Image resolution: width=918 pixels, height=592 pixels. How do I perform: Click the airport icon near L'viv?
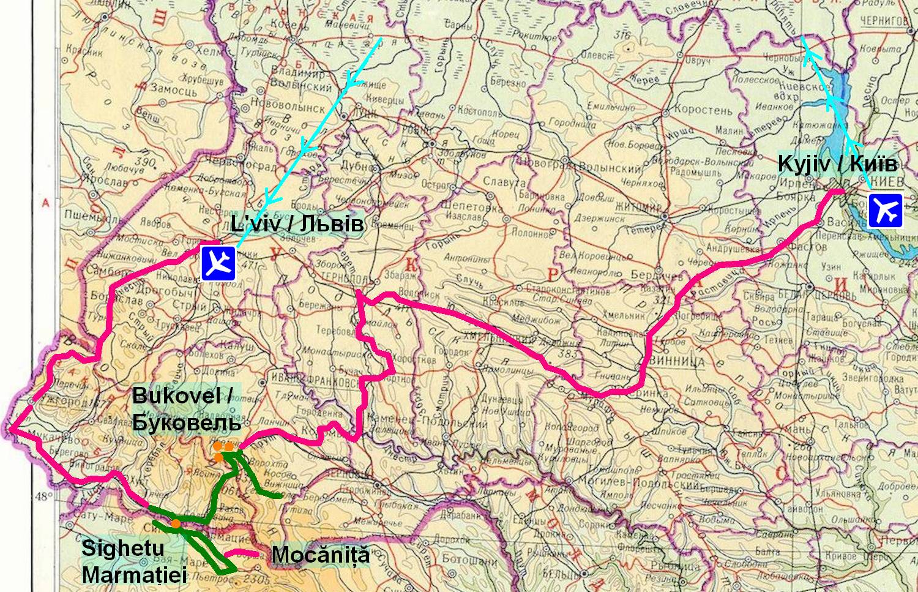coord(218,264)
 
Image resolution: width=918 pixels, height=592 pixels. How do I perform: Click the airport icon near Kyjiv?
coord(885,211)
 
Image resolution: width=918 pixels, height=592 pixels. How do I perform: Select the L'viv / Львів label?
coord(297,224)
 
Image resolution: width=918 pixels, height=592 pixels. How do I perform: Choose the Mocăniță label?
coord(321,556)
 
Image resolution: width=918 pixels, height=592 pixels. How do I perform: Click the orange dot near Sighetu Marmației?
coord(176,523)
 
